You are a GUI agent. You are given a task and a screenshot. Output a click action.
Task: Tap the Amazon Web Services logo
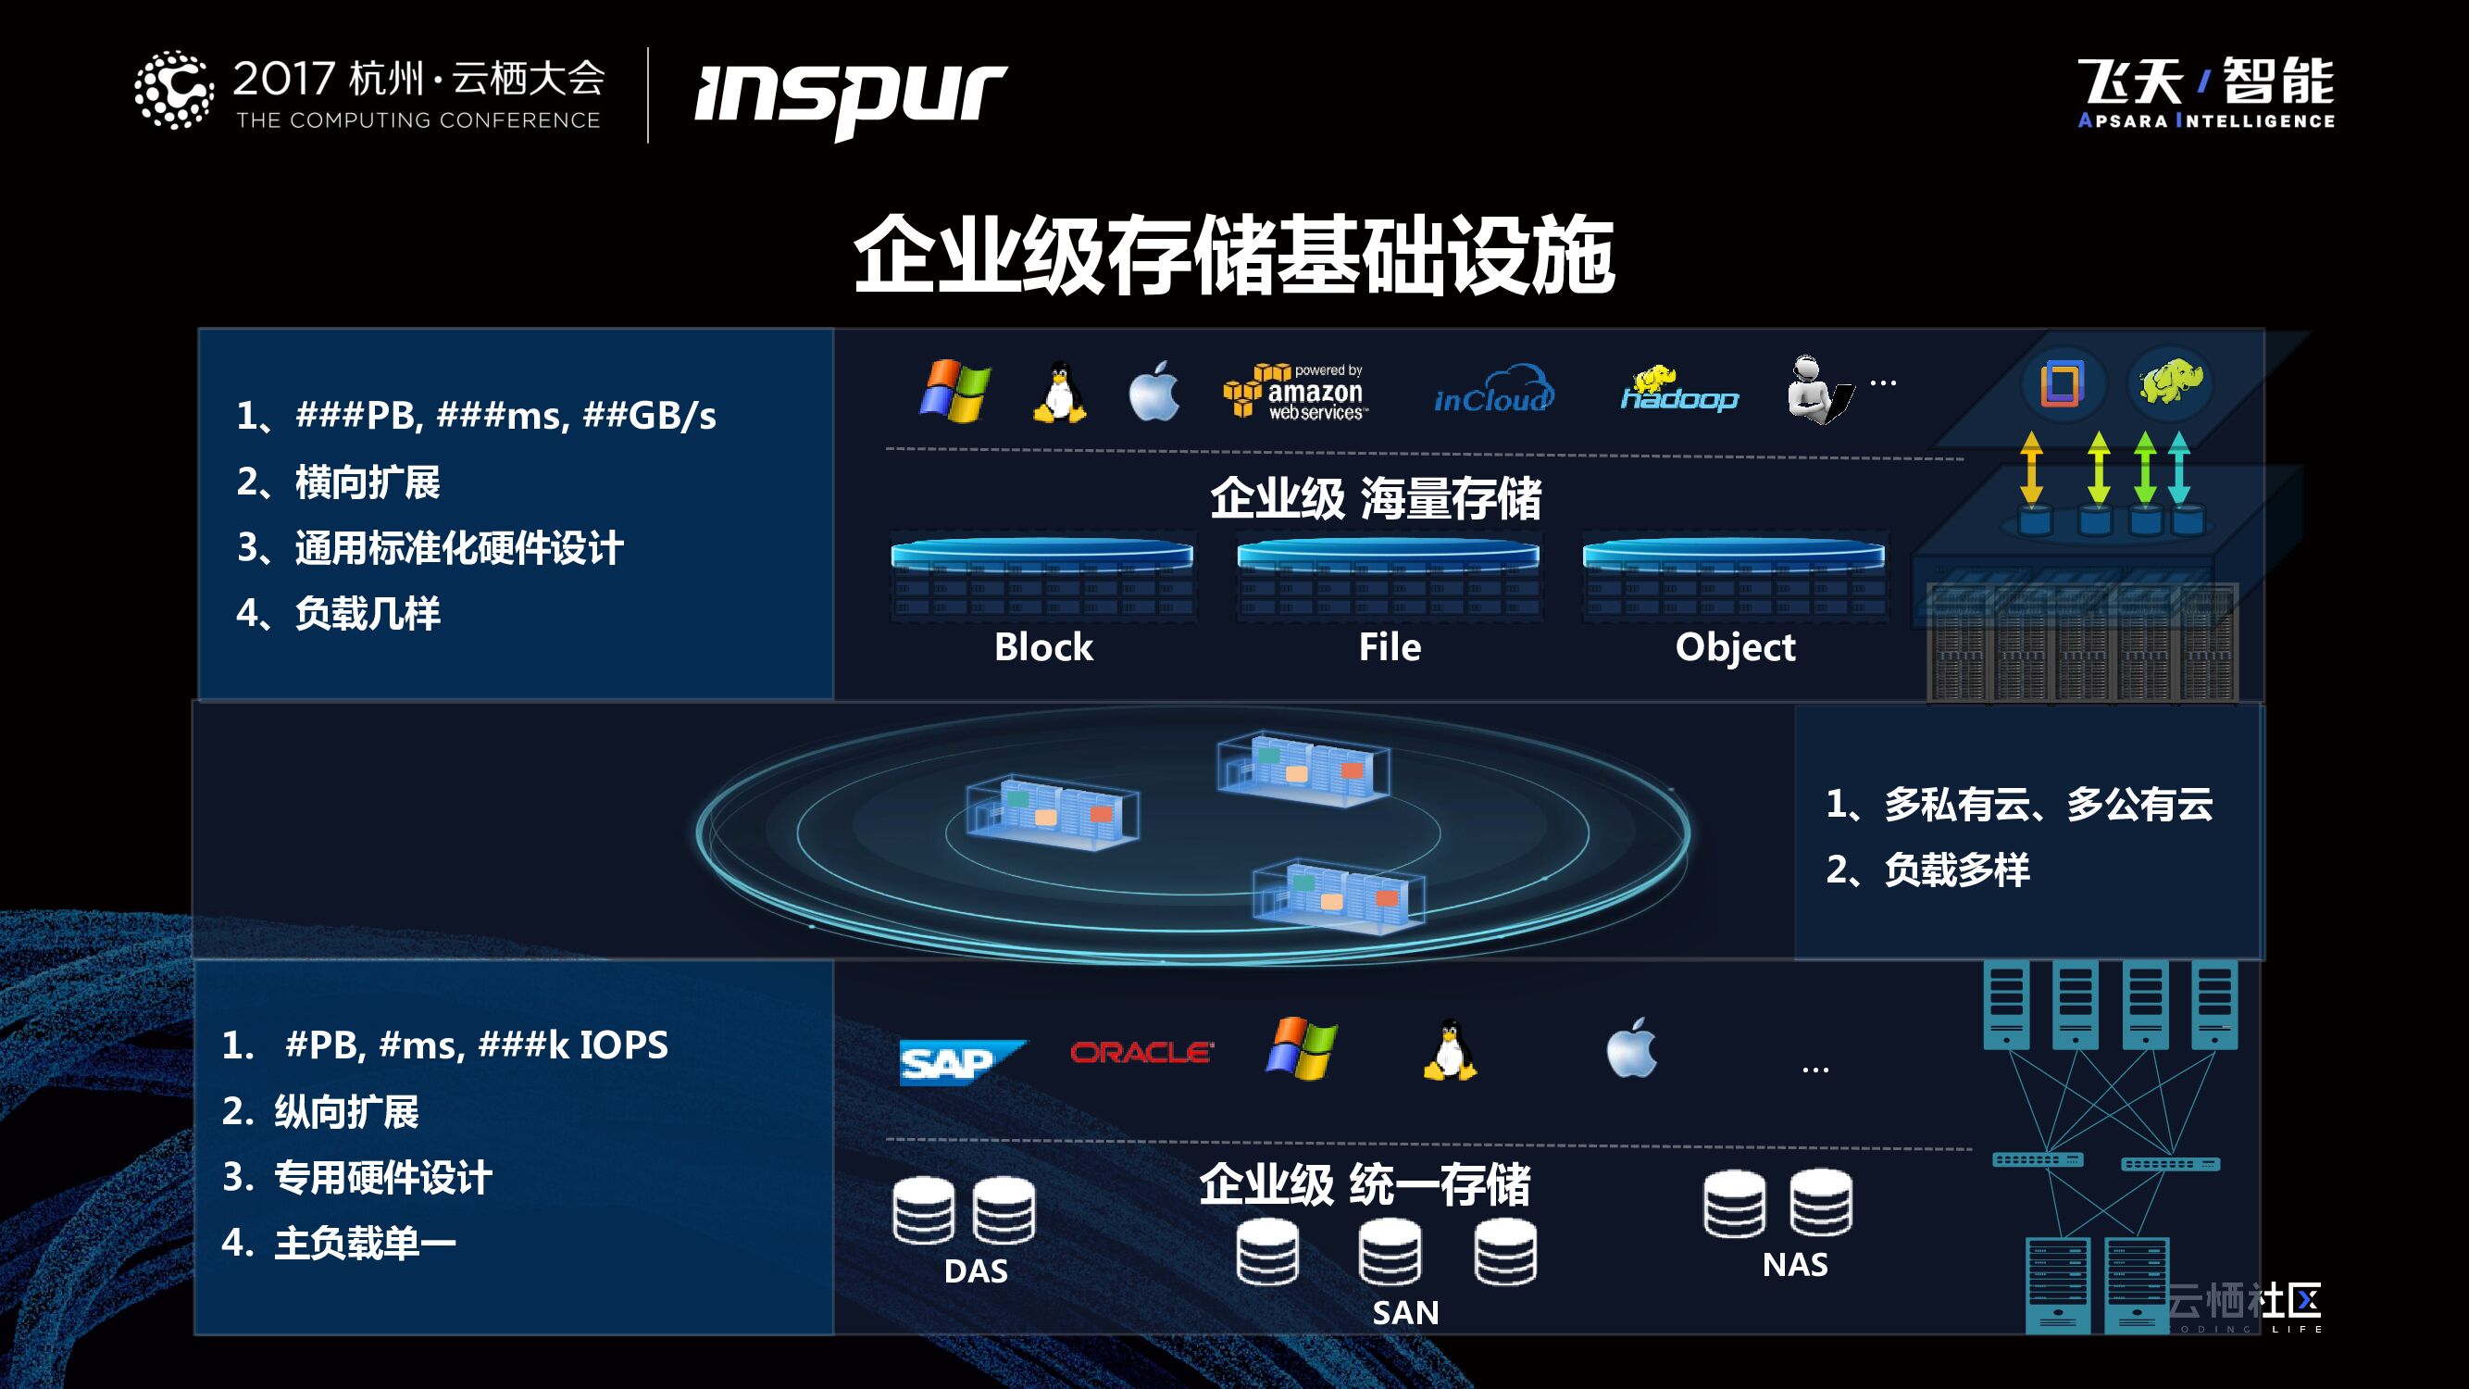click(x=1295, y=392)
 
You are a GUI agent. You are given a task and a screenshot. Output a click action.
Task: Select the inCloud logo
click(x=1492, y=392)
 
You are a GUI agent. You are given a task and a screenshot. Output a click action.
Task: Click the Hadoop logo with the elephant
click(x=1678, y=392)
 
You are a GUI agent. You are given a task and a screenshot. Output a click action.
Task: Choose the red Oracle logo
click(x=1141, y=1053)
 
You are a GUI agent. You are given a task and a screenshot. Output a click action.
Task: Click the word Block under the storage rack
click(x=1042, y=647)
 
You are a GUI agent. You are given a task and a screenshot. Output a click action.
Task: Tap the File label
click(x=1389, y=647)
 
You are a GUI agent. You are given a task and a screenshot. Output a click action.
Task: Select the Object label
click(x=1735, y=648)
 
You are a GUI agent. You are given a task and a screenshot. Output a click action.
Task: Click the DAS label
click(x=976, y=1271)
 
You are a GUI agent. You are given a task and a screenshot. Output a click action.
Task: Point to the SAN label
click(x=1405, y=1312)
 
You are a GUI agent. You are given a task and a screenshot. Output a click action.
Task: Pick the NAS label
click(x=1795, y=1264)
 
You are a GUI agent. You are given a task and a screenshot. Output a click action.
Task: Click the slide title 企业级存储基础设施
click(x=1233, y=256)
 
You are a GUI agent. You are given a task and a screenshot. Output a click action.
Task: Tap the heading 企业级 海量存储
click(x=1376, y=498)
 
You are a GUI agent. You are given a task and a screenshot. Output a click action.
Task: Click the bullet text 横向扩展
click(x=368, y=482)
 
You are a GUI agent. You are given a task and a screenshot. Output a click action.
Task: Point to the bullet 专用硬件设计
click(x=382, y=1177)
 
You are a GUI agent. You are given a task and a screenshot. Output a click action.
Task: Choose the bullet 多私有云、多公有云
click(x=2047, y=805)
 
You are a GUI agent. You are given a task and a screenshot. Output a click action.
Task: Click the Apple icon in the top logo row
click(x=1154, y=391)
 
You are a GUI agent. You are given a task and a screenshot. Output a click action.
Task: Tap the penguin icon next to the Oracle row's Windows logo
click(x=1449, y=1051)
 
